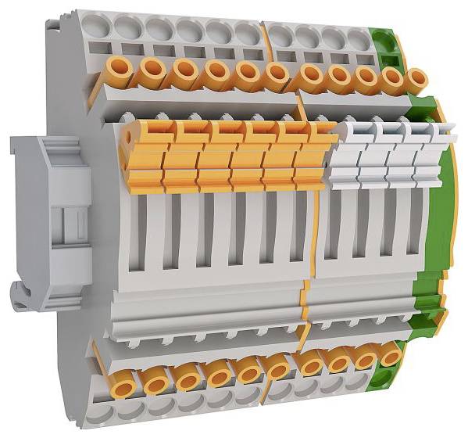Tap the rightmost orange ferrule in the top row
(x=417, y=79)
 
